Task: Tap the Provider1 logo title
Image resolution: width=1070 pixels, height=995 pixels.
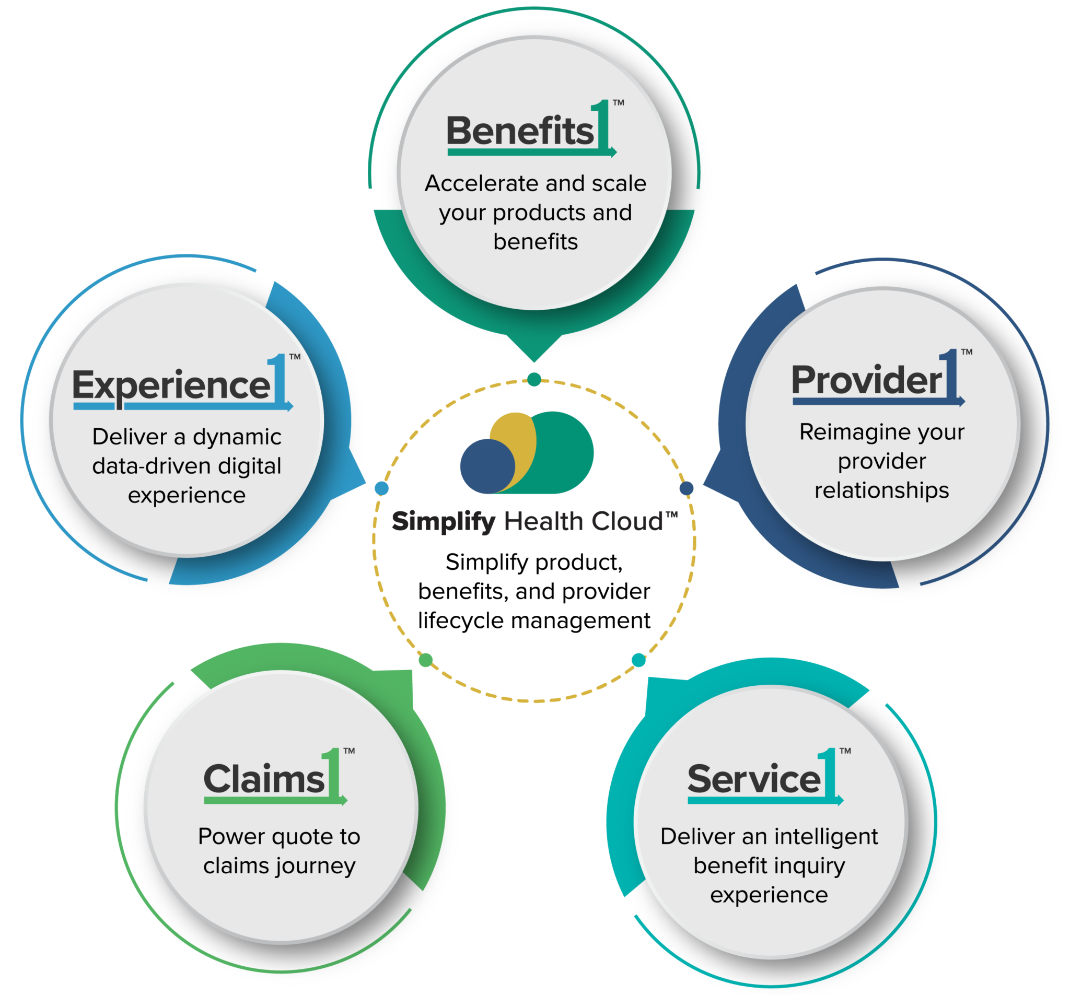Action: click(x=877, y=380)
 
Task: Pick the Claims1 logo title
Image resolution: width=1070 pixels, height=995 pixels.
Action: click(x=274, y=779)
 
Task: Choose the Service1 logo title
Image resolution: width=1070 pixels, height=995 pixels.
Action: click(x=764, y=779)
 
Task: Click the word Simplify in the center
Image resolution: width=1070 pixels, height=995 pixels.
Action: click(x=444, y=521)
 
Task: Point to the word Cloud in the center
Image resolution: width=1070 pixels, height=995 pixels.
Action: click(x=627, y=521)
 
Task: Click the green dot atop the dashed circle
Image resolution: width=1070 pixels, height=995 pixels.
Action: click(x=534, y=379)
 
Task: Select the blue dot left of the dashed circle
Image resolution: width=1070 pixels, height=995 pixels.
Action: click(x=381, y=488)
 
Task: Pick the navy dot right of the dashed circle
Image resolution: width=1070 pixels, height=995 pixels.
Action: click(x=686, y=488)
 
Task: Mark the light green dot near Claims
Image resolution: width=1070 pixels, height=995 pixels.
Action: click(x=425, y=660)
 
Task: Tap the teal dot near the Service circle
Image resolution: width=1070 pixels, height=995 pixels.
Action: click(x=638, y=660)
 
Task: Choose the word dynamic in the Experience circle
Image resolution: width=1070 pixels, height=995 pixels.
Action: click(x=237, y=437)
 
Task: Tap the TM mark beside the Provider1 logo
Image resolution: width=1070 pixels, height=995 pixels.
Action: click(x=967, y=352)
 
